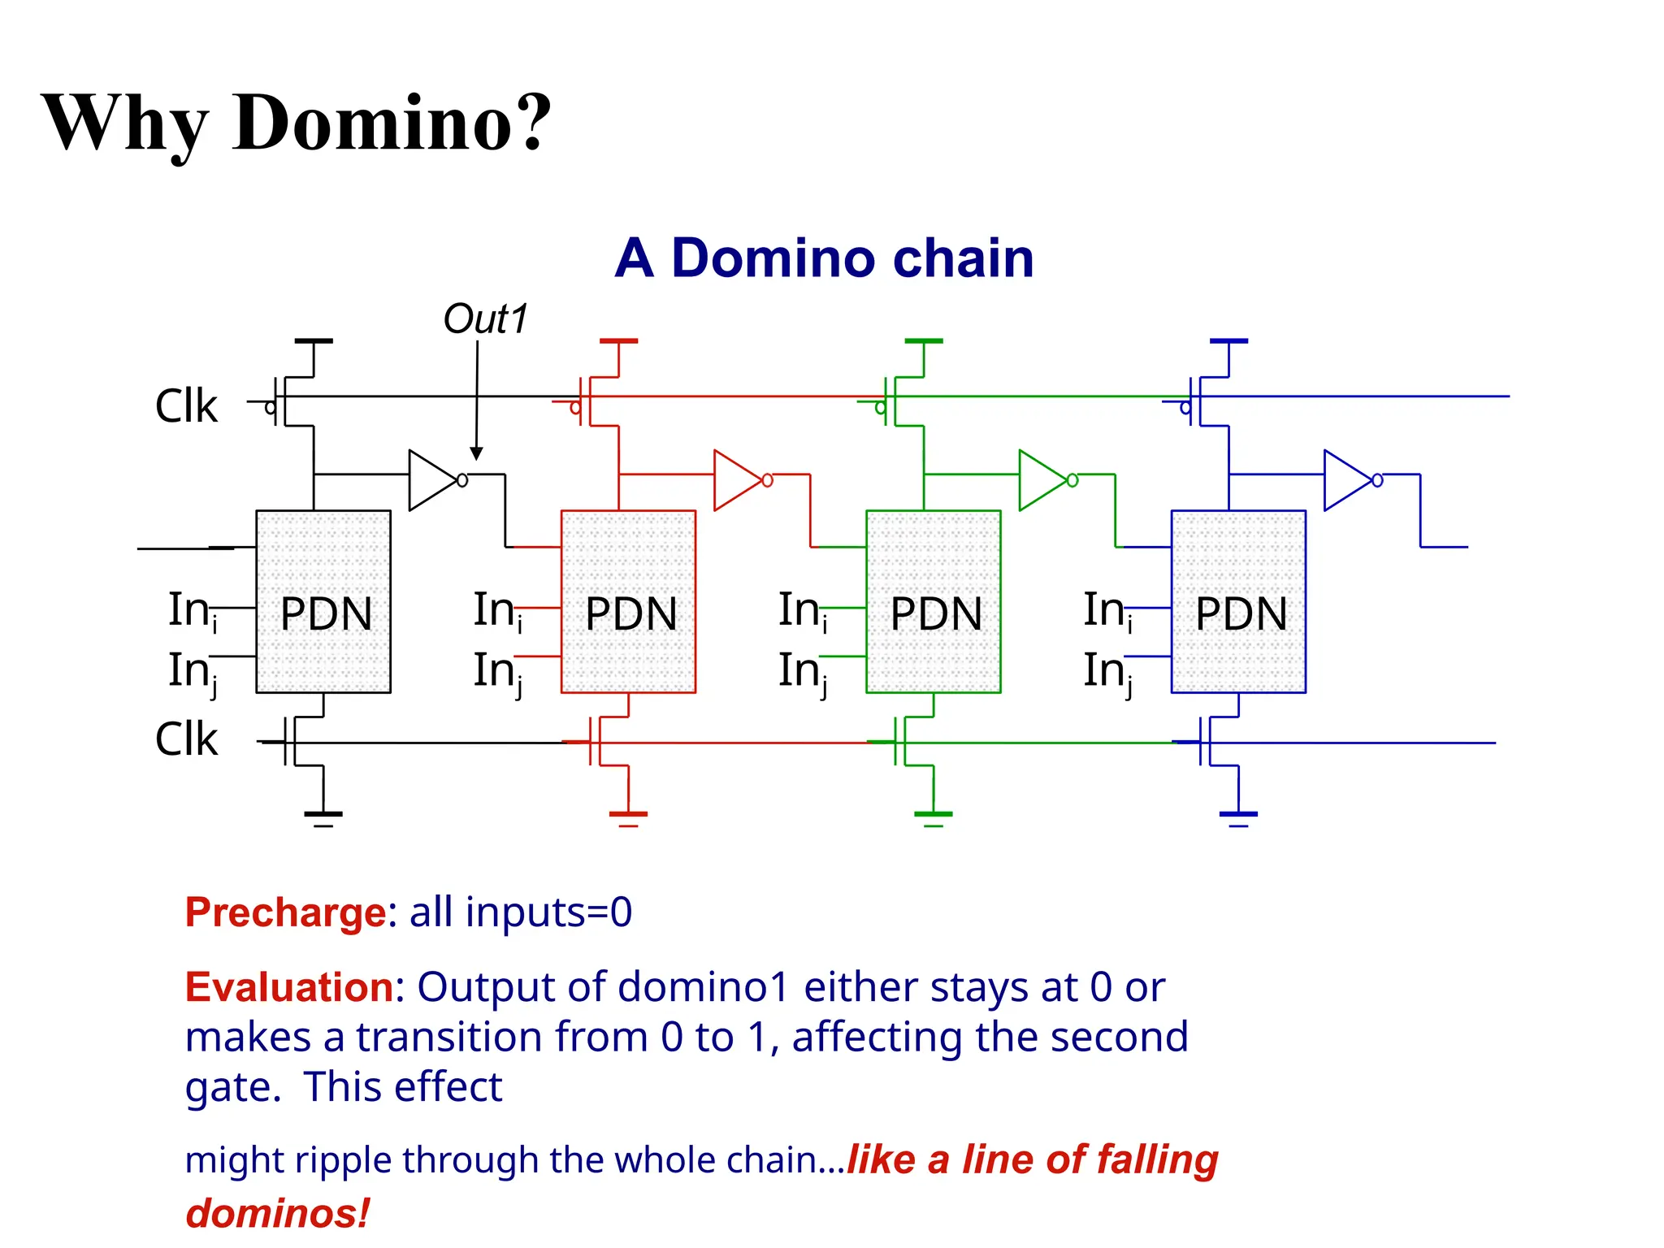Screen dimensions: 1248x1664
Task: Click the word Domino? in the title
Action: click(x=392, y=123)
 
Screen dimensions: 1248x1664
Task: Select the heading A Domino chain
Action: click(x=824, y=258)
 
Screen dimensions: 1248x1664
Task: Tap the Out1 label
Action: click(x=485, y=319)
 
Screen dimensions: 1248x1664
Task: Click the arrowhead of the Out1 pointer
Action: click(x=476, y=453)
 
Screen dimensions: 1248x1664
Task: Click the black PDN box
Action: click(x=323, y=602)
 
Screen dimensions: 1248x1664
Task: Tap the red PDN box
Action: click(x=628, y=602)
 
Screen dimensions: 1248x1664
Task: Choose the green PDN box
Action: click(x=933, y=602)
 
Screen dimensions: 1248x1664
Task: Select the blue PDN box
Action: click(x=1238, y=602)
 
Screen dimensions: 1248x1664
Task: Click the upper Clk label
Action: click(x=186, y=406)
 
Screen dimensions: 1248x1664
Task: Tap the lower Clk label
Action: click(x=186, y=739)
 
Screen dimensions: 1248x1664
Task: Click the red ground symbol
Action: click(x=628, y=816)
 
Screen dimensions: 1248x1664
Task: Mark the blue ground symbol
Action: click(x=1238, y=816)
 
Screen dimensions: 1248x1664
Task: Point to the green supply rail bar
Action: click(x=924, y=341)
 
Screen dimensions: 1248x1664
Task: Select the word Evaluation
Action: click(x=289, y=988)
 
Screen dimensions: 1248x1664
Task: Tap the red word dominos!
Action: click(x=278, y=1214)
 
